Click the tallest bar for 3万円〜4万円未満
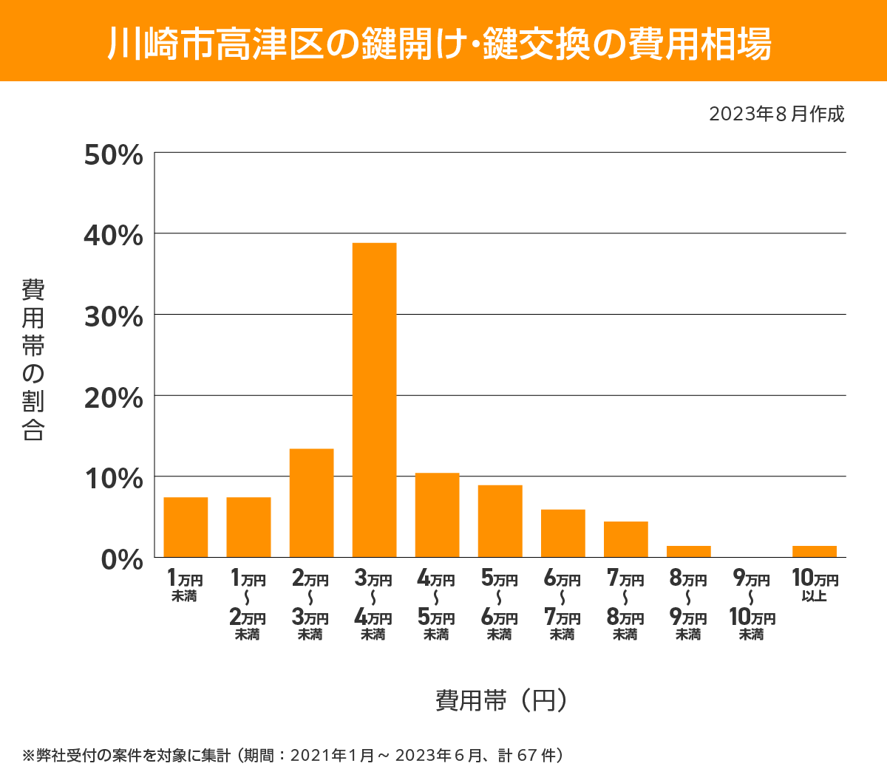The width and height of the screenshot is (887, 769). pos(374,400)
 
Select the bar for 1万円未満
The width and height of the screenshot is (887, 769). pos(186,527)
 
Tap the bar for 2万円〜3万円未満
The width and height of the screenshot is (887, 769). pos(311,502)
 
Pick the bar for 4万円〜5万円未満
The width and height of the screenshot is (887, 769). pos(437,515)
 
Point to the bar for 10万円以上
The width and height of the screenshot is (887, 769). pos(814,551)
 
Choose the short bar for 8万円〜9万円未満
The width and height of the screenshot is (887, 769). pos(688,551)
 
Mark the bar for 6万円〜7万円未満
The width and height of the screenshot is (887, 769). pos(563,533)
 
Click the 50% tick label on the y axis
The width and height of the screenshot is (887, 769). pos(113,155)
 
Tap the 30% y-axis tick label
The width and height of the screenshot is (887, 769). pos(113,317)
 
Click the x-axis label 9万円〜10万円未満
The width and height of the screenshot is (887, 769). pos(752,605)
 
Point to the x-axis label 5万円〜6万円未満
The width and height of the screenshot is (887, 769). pos(500,605)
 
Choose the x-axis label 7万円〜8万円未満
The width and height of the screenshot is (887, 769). pos(625,605)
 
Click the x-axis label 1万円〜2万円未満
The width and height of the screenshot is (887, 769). pos(248,605)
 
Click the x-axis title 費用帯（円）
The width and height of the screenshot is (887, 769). pos(501,700)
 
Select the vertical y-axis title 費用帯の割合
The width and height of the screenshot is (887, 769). pos(33,360)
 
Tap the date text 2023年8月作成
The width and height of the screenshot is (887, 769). pos(776,115)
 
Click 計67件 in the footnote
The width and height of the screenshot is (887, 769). pos(530,755)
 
